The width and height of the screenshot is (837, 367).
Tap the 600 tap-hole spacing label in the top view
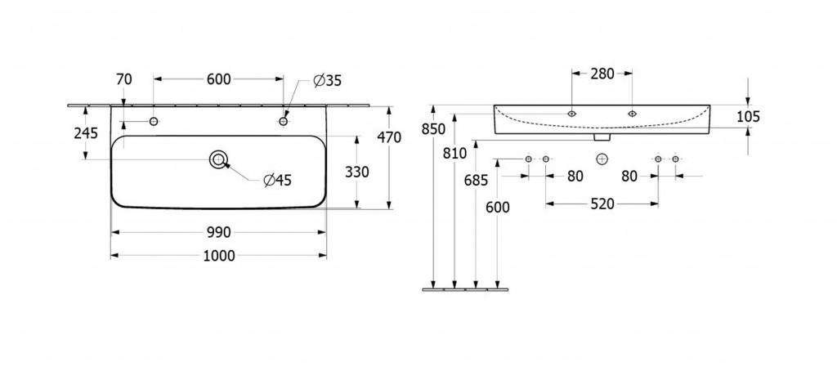click(218, 79)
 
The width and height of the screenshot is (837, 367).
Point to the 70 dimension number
click(124, 79)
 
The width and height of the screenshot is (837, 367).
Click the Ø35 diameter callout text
click(327, 80)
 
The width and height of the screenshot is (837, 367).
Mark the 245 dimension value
click(86, 133)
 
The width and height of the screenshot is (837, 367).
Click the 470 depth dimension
click(388, 137)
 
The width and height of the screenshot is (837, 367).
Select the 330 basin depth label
click(358, 172)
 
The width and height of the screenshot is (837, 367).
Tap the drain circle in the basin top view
click(218, 159)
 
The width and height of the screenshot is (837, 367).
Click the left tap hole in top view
click(153, 122)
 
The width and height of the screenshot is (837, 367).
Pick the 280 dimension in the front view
click(602, 74)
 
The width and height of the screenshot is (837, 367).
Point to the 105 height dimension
click(748, 117)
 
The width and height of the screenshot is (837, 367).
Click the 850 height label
click(433, 128)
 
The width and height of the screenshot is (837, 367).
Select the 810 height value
click(455, 153)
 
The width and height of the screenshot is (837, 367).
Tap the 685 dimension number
click(476, 180)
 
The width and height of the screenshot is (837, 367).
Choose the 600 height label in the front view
click(497, 208)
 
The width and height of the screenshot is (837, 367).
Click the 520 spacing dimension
click(602, 204)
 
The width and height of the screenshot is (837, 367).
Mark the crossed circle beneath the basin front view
click(602, 158)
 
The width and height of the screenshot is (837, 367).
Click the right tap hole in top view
click(284, 122)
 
